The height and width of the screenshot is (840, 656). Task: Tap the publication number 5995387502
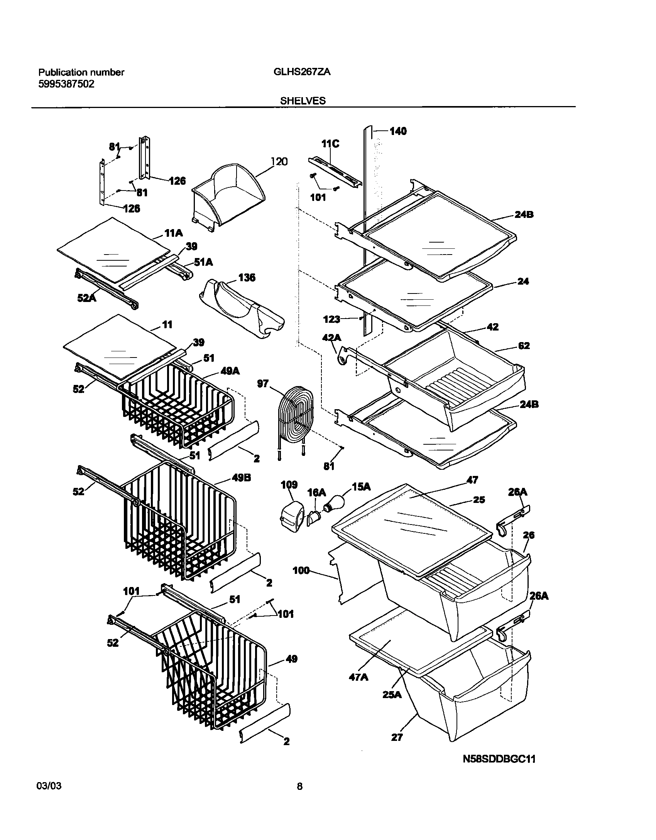click(66, 84)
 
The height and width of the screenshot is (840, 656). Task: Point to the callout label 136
click(247, 277)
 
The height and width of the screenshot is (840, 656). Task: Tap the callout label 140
click(398, 132)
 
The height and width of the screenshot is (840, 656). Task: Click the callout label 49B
click(242, 478)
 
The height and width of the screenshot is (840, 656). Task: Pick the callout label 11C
click(330, 144)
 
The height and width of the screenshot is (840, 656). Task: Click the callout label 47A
click(358, 677)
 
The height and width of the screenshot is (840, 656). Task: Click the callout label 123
click(331, 319)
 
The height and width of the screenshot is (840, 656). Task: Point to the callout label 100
click(301, 581)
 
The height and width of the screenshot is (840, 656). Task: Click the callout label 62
click(524, 346)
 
